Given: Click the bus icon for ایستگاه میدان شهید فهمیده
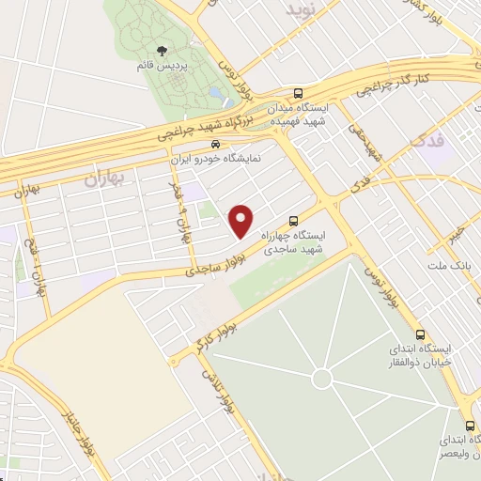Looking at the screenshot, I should click(299, 93).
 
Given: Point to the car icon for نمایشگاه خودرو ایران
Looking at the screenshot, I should click(216, 145).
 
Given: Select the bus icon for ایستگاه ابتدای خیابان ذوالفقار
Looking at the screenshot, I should click(419, 335).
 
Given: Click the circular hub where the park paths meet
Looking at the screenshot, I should click(322, 379).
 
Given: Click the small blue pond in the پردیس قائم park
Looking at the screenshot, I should click(217, 95).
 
